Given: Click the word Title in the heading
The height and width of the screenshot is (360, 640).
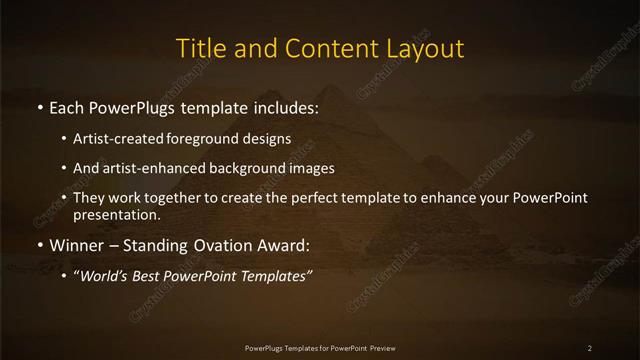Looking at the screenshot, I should pyautogui.click(x=199, y=49).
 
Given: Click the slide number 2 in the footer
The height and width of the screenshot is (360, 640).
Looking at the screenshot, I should pyautogui.click(x=590, y=347).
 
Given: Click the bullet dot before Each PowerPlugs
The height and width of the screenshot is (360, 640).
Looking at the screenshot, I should pyautogui.click(x=39, y=106).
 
